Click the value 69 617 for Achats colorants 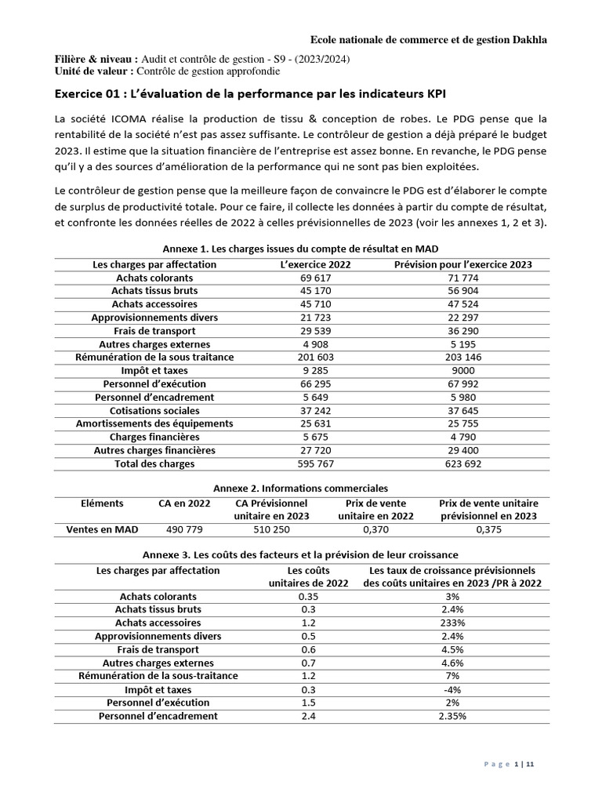(x=315, y=278)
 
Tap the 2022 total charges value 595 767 (x=315, y=464)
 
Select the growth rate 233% (x=452, y=623)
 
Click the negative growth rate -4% (x=452, y=689)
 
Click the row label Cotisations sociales (x=154, y=411)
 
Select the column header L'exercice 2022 (x=315, y=264)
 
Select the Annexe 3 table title (x=302, y=555)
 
